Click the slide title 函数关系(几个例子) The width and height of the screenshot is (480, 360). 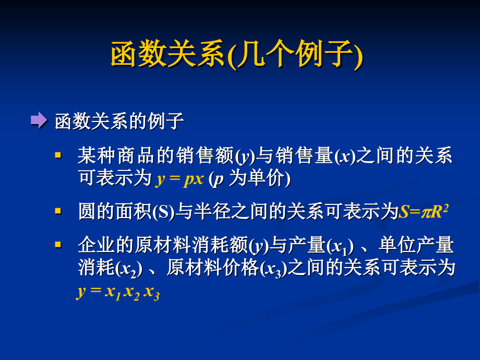[237, 54]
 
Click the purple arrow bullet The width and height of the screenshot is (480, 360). [39, 121]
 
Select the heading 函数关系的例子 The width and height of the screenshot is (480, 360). [119, 122]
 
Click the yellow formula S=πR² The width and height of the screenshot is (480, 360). [424, 211]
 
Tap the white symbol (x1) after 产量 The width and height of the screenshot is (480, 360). [340, 245]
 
